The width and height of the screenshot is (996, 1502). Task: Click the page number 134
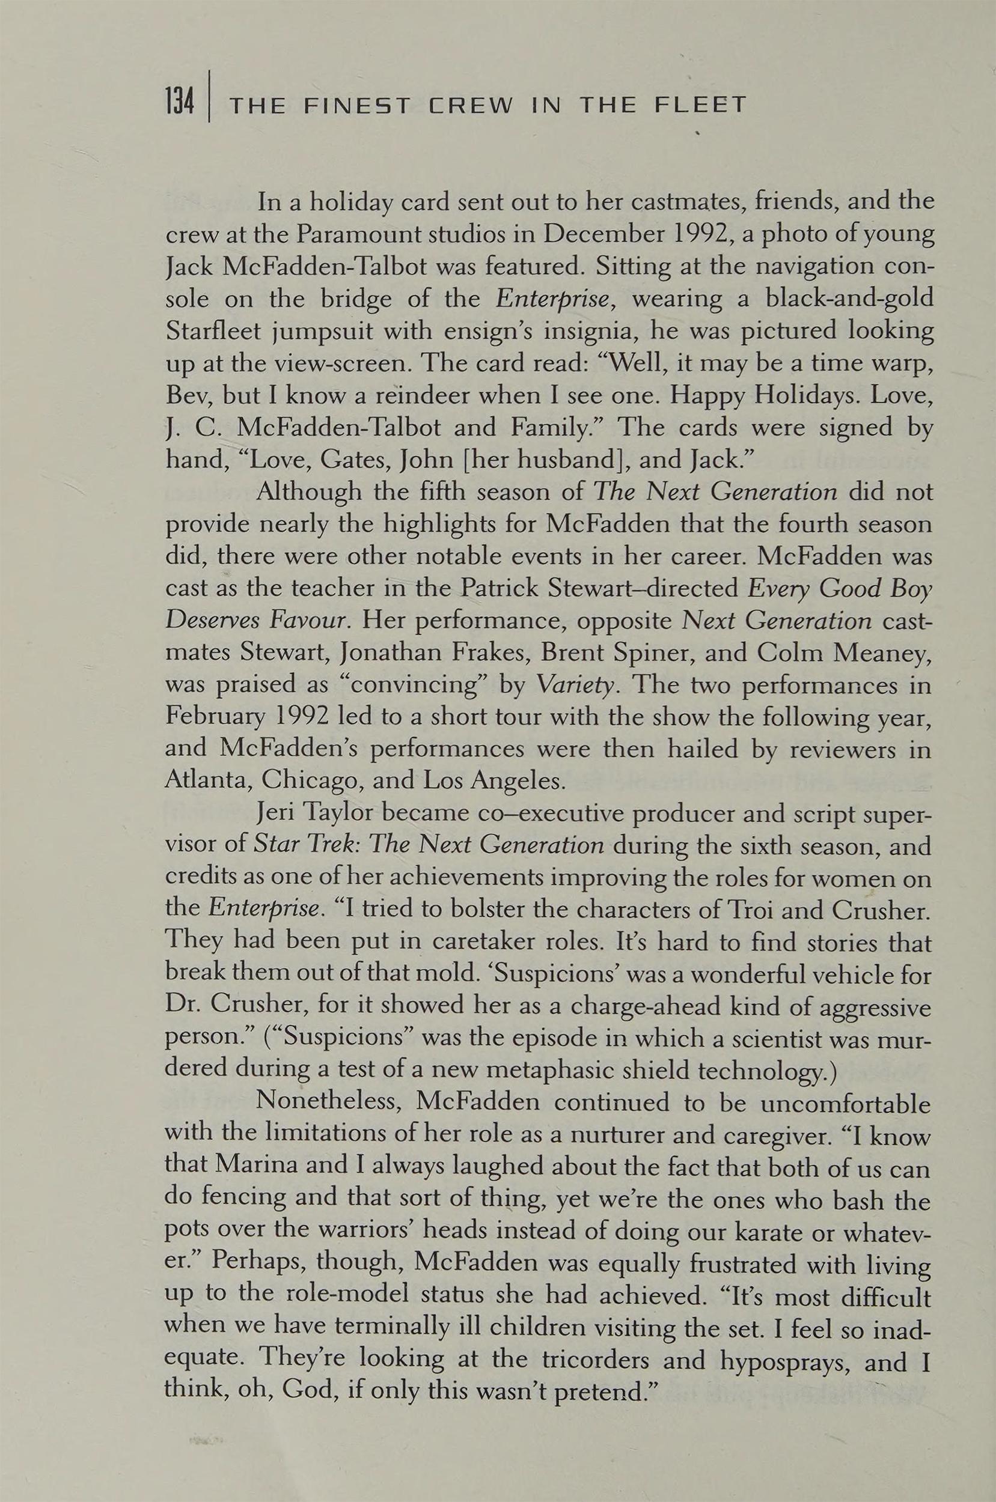[x=179, y=102]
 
